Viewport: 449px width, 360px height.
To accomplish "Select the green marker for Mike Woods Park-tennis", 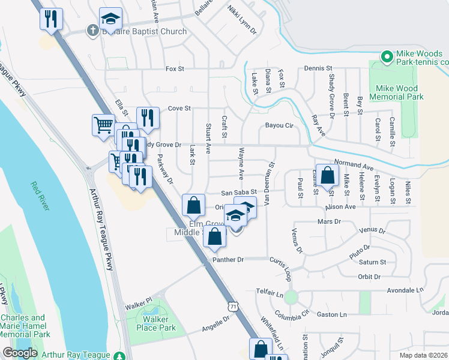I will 386,57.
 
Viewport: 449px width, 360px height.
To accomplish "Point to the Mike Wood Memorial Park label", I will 396,91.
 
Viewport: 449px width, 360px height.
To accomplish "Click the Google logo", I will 20,353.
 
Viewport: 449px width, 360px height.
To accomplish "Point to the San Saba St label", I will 239,193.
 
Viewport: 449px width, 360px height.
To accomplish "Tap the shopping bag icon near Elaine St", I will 328,176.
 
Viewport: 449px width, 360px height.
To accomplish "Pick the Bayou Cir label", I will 279,126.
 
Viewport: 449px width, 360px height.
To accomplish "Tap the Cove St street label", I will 179,109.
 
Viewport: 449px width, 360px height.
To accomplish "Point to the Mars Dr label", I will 328,221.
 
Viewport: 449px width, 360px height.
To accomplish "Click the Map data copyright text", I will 423,355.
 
